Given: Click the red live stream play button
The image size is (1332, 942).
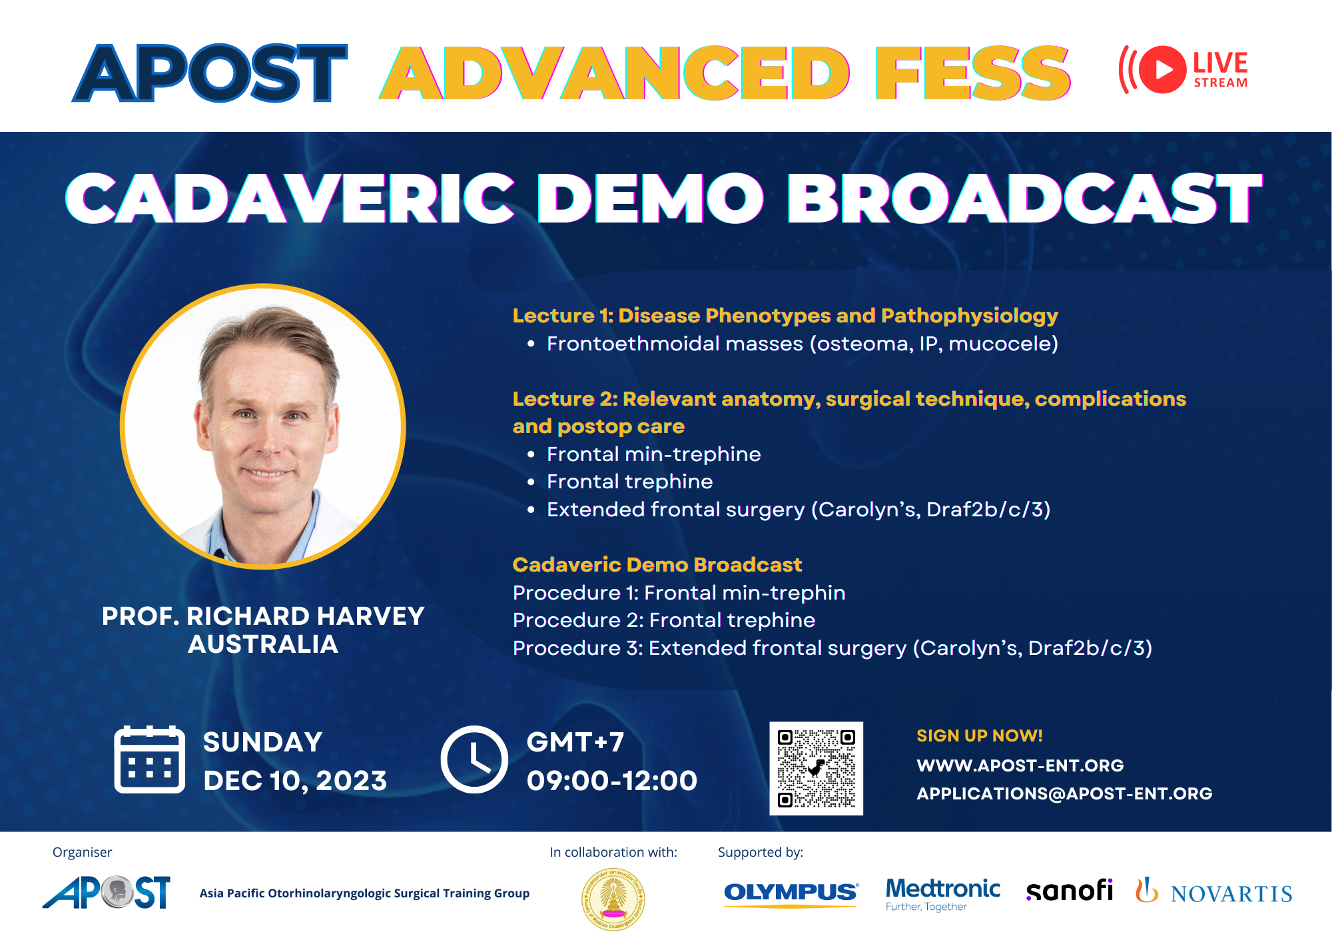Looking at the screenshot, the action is tap(1162, 69).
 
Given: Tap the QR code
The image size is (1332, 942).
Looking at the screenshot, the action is tap(816, 768).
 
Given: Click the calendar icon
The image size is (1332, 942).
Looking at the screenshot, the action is tap(149, 759).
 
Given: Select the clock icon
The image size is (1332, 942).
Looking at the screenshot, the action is tap(474, 759).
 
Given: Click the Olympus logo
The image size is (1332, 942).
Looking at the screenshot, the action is tap(791, 893).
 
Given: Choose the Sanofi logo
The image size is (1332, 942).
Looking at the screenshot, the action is tap(1070, 891).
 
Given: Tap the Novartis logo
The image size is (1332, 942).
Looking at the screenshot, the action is tap(1213, 891).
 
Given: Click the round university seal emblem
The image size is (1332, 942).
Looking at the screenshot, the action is tap(613, 899).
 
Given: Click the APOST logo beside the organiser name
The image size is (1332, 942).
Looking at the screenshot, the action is tap(107, 893).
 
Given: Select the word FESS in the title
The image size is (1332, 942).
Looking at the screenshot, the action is tap(973, 73).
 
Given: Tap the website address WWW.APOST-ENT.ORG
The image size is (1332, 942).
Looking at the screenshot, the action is tap(1020, 765).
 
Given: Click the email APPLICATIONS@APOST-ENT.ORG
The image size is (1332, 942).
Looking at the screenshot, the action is tap(1064, 793).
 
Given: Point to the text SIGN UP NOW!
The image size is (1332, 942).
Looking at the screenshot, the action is tap(980, 735).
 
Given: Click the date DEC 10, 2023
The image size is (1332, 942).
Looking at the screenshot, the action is tap(295, 781).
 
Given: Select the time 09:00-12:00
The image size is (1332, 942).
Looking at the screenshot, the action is tap(611, 780).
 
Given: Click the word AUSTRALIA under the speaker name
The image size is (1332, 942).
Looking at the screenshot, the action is tap(263, 644).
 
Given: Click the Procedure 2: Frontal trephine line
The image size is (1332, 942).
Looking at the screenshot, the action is tap(664, 620).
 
